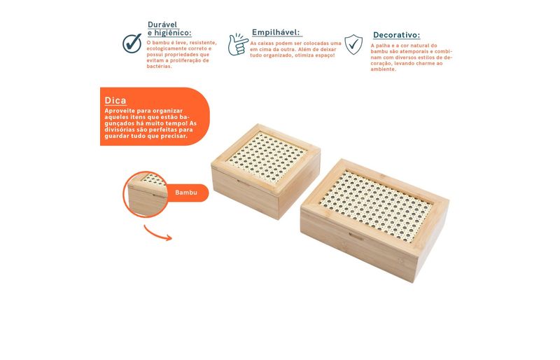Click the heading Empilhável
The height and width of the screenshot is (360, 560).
pyautogui.click(x=276, y=32)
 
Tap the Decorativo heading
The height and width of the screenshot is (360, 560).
pyautogui.click(x=396, y=35)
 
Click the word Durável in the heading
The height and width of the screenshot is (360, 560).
pyautogui.click(x=162, y=25)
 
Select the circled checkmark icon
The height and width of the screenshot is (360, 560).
pyautogui.click(x=132, y=43)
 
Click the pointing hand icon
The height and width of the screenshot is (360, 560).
pyautogui.click(x=238, y=45)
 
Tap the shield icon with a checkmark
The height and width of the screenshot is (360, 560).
pyautogui.click(x=353, y=44)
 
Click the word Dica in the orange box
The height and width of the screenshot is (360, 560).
pyautogui.click(x=115, y=100)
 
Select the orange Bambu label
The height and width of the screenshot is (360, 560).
pyautogui.click(x=187, y=193)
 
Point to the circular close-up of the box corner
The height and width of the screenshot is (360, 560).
pyautogui.click(x=145, y=194)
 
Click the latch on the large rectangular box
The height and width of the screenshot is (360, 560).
pyautogui.click(x=356, y=236)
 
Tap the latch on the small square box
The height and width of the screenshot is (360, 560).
pyautogui.click(x=242, y=182)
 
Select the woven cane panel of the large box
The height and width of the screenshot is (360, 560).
pyautogui.click(x=376, y=206)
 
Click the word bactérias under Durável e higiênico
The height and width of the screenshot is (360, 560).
pyautogui.click(x=160, y=67)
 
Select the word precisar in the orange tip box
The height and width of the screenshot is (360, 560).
pyautogui.click(x=174, y=136)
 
